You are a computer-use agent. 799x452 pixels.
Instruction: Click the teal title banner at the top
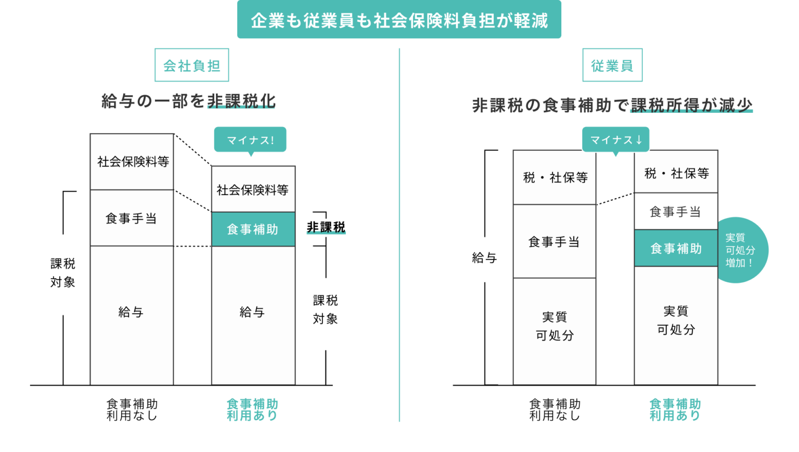coord(399,20)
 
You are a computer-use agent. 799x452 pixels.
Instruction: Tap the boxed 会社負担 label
coord(191,65)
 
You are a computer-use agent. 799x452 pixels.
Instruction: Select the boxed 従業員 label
coord(612,65)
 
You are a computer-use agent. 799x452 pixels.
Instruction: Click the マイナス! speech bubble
coord(250,139)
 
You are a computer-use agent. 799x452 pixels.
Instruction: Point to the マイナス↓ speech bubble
coord(615,139)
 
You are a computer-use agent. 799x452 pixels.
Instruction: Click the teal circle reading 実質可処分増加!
coord(741,250)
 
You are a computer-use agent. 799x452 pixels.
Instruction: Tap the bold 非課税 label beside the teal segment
coord(326,227)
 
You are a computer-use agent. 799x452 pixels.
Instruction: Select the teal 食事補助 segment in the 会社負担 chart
coord(253,229)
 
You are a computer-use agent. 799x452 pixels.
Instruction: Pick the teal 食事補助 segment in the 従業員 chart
coord(676,248)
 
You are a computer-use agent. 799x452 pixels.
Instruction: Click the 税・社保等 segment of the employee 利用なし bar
coord(555,177)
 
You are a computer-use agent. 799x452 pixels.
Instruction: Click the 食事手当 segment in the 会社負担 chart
coord(132,218)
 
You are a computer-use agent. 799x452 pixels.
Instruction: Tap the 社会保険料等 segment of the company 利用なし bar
coord(132,162)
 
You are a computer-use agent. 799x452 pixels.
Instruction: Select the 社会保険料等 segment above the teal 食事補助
coord(253,189)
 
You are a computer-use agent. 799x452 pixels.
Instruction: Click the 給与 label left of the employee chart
coord(484,257)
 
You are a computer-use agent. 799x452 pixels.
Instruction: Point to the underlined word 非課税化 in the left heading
coord(241,101)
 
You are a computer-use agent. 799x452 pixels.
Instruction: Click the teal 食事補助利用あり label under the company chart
coord(252,409)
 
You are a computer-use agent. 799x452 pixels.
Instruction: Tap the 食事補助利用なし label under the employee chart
coord(555,409)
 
